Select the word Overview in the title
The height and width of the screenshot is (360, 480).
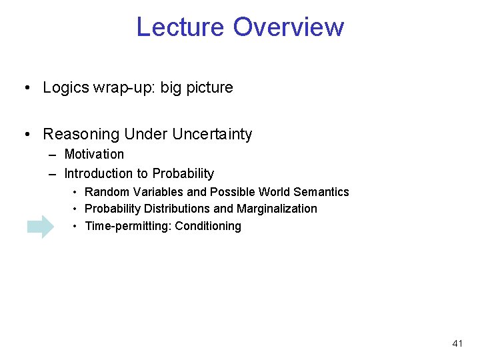coord(289,27)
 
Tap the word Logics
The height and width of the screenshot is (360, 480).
coord(65,88)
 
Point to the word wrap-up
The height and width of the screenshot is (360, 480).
coord(117,88)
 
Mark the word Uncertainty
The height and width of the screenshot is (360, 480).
coord(212,135)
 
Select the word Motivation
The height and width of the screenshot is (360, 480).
coord(94,155)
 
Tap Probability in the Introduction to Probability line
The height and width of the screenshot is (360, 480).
coord(183,174)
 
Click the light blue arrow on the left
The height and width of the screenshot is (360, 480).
coord(41,227)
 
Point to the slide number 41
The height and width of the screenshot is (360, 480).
coord(457,343)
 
